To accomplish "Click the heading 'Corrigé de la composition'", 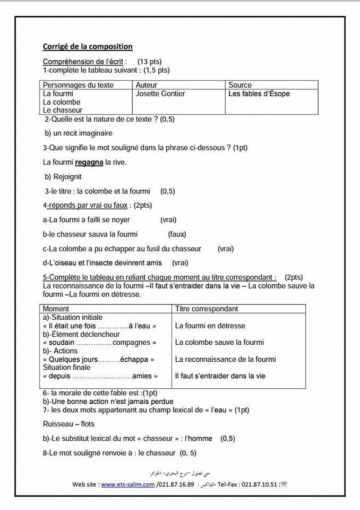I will click(x=88, y=47).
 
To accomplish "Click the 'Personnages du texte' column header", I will click(x=78, y=85).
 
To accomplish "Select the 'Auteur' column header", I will click(x=147, y=85).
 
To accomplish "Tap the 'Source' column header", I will click(x=240, y=85).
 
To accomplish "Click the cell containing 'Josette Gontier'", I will click(x=160, y=94).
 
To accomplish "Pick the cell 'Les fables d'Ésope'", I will click(x=259, y=94).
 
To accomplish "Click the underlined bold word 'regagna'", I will click(x=89, y=162).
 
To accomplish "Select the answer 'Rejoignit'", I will click(x=67, y=176).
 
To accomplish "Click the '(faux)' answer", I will click(x=177, y=234).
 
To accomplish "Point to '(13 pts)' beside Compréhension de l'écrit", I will click(x=149, y=62).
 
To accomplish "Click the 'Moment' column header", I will click(x=56, y=309).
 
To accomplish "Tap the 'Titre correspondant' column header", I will click(x=207, y=309).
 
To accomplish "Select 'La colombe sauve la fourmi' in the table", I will click(x=219, y=343).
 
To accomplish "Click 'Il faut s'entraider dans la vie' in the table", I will click(x=220, y=376).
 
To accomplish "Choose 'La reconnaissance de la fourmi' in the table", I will click(x=225, y=360).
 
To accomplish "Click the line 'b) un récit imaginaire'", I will click(x=79, y=133).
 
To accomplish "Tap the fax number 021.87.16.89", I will click(x=177, y=484).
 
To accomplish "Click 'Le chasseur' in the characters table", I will click(x=62, y=110).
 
